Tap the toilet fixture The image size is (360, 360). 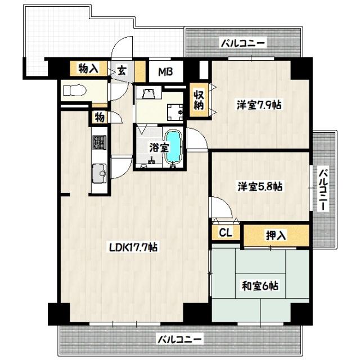[x=73, y=89]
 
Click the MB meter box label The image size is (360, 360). [x=165, y=72]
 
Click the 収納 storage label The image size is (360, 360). [x=199, y=100]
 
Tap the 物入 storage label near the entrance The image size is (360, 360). [x=88, y=69]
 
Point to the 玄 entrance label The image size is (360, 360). [x=121, y=71]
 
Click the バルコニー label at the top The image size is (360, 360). [x=242, y=42]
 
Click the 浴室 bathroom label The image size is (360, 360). [x=159, y=147]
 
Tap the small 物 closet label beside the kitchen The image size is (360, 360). [x=98, y=117]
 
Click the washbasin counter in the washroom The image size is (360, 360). [x=148, y=95]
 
